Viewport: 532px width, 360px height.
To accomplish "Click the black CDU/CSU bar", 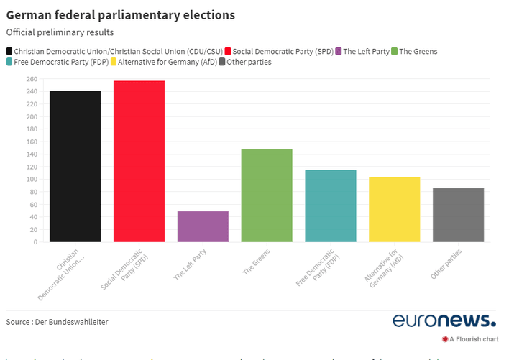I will pos(75,166).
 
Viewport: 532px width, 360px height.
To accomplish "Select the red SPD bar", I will pos(139,161).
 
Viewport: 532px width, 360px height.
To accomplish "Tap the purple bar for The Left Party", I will pos(203,226).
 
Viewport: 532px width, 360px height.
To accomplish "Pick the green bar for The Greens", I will pos(267,195).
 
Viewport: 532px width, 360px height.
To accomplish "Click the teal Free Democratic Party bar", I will pos(331,206).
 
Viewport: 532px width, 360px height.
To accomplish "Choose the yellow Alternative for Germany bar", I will pos(394,209).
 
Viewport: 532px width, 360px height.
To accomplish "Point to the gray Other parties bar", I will pos(458,215).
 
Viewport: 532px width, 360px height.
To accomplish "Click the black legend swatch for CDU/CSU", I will pos(9,51).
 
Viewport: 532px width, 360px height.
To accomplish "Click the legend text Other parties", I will pos(249,62).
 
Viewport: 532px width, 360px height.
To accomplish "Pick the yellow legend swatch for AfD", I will pos(113,62).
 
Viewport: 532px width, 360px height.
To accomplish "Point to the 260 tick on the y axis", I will pos(32,79).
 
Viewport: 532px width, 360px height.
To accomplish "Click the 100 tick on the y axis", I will pos(32,180).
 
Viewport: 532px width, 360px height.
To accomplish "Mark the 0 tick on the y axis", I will pos(35,242).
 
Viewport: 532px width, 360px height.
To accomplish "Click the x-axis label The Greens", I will pos(257,262).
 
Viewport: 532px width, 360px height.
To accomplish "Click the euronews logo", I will pos(444,320).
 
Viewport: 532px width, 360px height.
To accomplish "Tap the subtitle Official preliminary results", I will pos(60,32).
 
